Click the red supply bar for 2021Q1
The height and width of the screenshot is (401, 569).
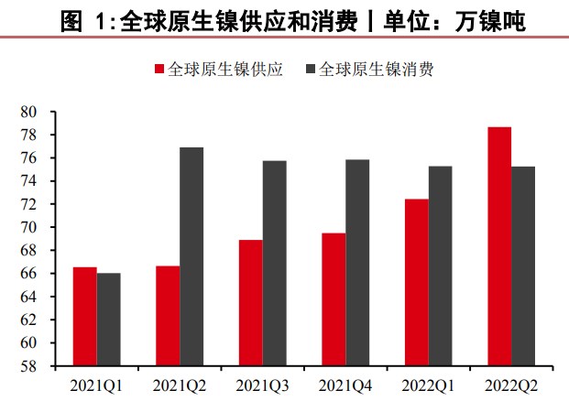[85, 317]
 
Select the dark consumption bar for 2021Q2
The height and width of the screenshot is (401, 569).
[191, 256]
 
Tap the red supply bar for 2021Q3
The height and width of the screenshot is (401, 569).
[251, 303]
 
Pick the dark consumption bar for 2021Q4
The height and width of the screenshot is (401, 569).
[357, 263]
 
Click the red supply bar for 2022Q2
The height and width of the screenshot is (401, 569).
[499, 246]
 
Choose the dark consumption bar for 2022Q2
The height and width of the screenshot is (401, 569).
[523, 266]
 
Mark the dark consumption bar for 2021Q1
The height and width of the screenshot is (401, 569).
[109, 320]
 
